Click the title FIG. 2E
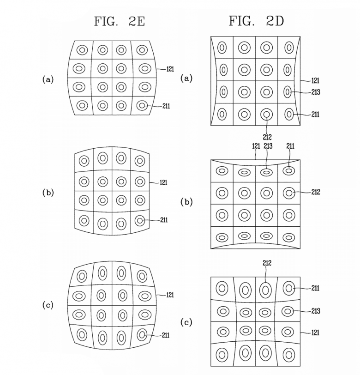click(x=120, y=21)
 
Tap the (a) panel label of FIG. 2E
click(x=48, y=79)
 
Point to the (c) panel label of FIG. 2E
click(x=48, y=305)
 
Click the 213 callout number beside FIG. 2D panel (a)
click(x=316, y=92)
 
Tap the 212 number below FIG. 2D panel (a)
click(x=267, y=137)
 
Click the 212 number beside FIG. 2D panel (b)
click(x=316, y=192)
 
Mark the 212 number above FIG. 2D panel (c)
click(x=266, y=263)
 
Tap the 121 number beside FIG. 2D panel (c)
click(x=316, y=332)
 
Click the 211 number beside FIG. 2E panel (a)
click(x=166, y=106)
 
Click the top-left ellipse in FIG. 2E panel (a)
click(x=82, y=50)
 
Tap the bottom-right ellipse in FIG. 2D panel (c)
click(x=288, y=355)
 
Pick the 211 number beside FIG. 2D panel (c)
click(x=316, y=288)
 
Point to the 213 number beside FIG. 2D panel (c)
click(x=316, y=311)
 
